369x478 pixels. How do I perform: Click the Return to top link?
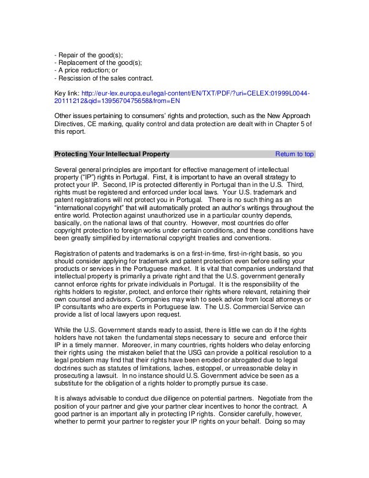click(x=294, y=155)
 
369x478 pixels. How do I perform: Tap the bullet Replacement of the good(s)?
click(x=98, y=63)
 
